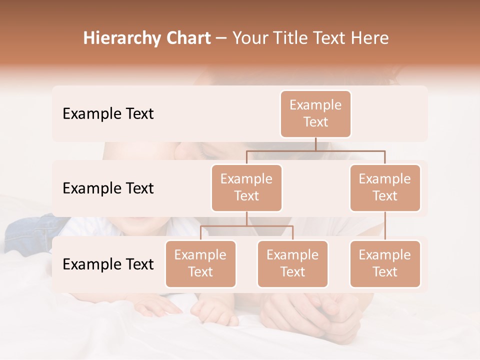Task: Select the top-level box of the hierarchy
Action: coord(315,114)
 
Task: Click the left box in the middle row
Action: coord(246,188)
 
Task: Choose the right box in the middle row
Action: coord(385,188)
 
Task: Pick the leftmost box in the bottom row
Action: coord(200,264)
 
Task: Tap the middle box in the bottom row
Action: coord(292,264)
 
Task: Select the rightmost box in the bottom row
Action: coord(385,264)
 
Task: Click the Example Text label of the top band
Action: coord(108,114)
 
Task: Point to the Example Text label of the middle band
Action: coord(108,188)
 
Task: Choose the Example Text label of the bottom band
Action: coord(108,264)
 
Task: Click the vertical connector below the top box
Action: coord(315,144)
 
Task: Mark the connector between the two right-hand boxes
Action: coord(385,226)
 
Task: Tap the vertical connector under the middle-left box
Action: coord(246,218)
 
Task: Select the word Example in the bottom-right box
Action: coord(385,255)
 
